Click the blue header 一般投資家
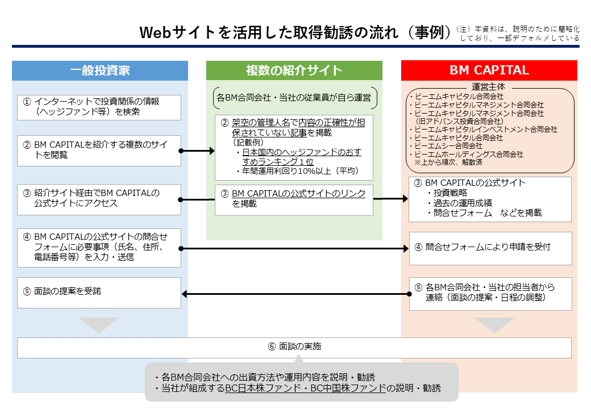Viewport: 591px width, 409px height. click(x=100, y=70)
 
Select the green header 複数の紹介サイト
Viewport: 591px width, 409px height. click(x=294, y=70)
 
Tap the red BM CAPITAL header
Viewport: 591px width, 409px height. click(x=489, y=70)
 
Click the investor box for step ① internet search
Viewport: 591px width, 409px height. click(x=99, y=107)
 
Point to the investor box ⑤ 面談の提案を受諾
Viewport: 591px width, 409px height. click(x=99, y=293)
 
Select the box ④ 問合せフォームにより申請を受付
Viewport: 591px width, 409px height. click(x=490, y=248)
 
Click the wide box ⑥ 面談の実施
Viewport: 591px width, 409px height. click(x=294, y=347)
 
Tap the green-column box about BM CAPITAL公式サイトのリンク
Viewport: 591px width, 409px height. click(x=294, y=199)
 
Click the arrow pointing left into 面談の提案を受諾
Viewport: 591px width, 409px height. click(x=295, y=294)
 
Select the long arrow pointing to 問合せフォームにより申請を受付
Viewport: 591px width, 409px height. click(x=295, y=249)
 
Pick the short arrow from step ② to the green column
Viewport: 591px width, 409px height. click(x=198, y=151)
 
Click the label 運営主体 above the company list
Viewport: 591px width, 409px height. click(x=489, y=87)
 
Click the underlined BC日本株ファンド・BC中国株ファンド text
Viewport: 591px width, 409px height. click(x=305, y=389)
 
